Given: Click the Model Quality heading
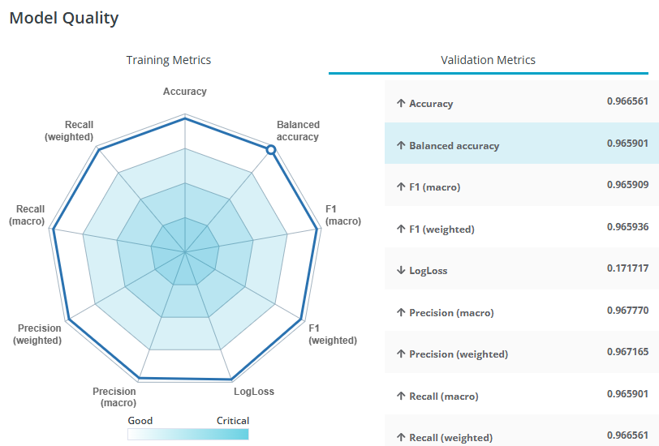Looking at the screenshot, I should [x=64, y=18].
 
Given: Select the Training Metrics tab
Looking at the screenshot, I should [x=168, y=60].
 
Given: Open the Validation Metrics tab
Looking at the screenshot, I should [x=488, y=60].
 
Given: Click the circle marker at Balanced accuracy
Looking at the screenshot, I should [x=271, y=149].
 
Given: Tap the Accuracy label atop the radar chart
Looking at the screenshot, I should [x=185, y=92].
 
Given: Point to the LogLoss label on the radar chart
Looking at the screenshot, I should [x=254, y=392].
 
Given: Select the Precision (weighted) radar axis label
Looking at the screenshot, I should [x=37, y=334].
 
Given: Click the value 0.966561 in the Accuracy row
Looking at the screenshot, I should [x=627, y=101].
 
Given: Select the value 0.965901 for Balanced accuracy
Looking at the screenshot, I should [x=627, y=144].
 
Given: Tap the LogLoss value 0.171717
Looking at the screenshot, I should [x=627, y=268].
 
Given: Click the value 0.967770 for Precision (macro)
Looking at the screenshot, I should [x=627, y=311].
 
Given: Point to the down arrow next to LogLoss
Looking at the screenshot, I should [x=400, y=270].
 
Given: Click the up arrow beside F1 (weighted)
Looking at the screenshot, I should [x=400, y=229].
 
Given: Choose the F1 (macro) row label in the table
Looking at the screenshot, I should [x=434, y=187].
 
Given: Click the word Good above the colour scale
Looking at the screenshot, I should [x=140, y=421].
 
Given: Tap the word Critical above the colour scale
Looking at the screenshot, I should [x=233, y=421].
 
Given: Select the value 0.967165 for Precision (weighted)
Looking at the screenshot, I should [x=627, y=352].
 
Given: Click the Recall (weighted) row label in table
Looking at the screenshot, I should [x=450, y=438].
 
